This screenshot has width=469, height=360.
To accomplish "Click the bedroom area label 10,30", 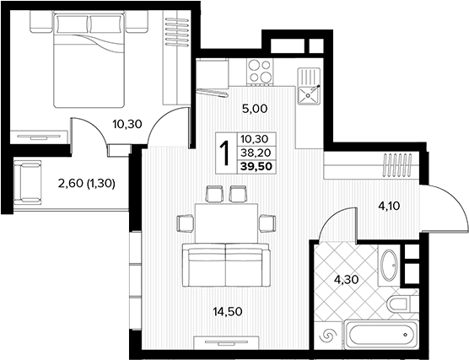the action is (x=127, y=124).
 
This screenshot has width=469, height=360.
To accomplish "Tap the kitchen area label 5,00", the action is (x=255, y=109).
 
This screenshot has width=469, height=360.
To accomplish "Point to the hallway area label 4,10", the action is (x=389, y=206).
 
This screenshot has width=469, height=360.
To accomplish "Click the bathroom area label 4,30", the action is (x=347, y=280).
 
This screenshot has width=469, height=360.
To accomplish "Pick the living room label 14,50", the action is (x=228, y=312).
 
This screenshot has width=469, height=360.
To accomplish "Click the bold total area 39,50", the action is (x=256, y=167).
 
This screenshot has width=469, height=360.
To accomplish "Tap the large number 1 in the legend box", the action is (x=225, y=153).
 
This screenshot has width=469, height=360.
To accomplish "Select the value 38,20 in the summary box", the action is (x=256, y=153).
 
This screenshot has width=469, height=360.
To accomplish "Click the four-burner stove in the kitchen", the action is (x=260, y=72).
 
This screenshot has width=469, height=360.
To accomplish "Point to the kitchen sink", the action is (x=309, y=86).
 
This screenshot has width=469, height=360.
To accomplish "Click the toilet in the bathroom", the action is (x=398, y=304).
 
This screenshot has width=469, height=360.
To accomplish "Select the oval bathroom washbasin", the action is (x=389, y=266).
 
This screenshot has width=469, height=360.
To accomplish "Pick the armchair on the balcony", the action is (x=27, y=182).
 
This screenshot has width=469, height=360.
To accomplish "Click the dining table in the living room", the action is (x=226, y=223).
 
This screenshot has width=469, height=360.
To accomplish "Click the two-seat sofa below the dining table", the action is (x=226, y=265).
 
